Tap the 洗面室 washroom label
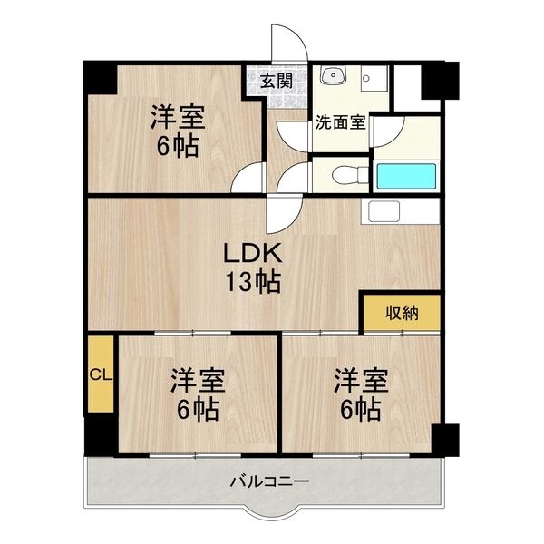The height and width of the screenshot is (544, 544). (340, 121)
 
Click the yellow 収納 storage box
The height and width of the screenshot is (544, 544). (403, 314)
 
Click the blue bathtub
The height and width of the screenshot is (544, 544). (407, 176)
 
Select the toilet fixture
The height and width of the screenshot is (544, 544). (344, 176)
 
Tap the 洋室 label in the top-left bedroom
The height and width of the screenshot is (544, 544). (177, 117)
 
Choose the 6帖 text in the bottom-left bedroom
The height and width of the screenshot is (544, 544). (197, 410)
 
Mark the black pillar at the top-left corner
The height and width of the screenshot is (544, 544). (100, 79)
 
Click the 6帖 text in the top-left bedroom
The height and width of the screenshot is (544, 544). (177, 146)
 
